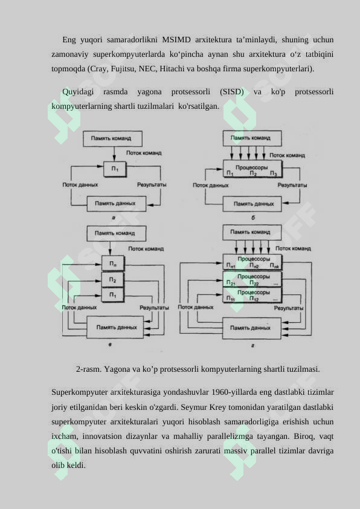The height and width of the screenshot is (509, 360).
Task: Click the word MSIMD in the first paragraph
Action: pyautogui.click(x=176, y=40)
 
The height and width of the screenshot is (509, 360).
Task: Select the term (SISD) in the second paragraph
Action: pyautogui.click(x=231, y=92)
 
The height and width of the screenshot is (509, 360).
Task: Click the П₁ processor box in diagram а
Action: pyautogui.click(x=115, y=169)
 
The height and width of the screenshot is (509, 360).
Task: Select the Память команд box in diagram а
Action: pyautogui.click(x=112, y=138)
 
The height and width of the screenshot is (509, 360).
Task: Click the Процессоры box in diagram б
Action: pyautogui.click(x=252, y=169)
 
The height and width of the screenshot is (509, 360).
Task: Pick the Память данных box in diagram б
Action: pyautogui.click(x=252, y=204)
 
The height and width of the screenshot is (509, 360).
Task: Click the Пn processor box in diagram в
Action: pyautogui.click(x=112, y=263)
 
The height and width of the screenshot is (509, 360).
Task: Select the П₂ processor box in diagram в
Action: pyautogui.click(x=112, y=279)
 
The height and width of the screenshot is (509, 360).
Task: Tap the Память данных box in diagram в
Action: pyautogui.click(x=115, y=327)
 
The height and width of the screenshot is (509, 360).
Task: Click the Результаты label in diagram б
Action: pyautogui.click(x=292, y=185)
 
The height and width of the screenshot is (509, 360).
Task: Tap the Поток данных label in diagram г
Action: pyautogui.click(x=196, y=306)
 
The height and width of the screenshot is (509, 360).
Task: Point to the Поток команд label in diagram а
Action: pyautogui.click(x=144, y=153)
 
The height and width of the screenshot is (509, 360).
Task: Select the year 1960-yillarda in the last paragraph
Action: pyautogui.click(x=234, y=392)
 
